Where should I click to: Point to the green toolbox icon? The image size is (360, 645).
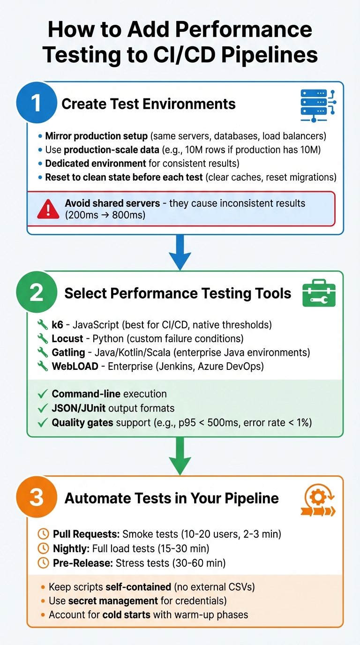(x=319, y=293)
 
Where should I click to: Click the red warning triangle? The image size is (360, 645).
(x=48, y=209)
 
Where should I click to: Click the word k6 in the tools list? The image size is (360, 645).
(x=57, y=325)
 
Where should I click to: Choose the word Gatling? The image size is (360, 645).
(x=68, y=352)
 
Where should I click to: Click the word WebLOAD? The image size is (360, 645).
(x=75, y=366)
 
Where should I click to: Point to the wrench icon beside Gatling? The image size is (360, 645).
(x=43, y=352)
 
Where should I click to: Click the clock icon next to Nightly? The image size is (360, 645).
(x=43, y=548)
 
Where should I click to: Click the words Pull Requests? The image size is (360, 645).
(x=86, y=534)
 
